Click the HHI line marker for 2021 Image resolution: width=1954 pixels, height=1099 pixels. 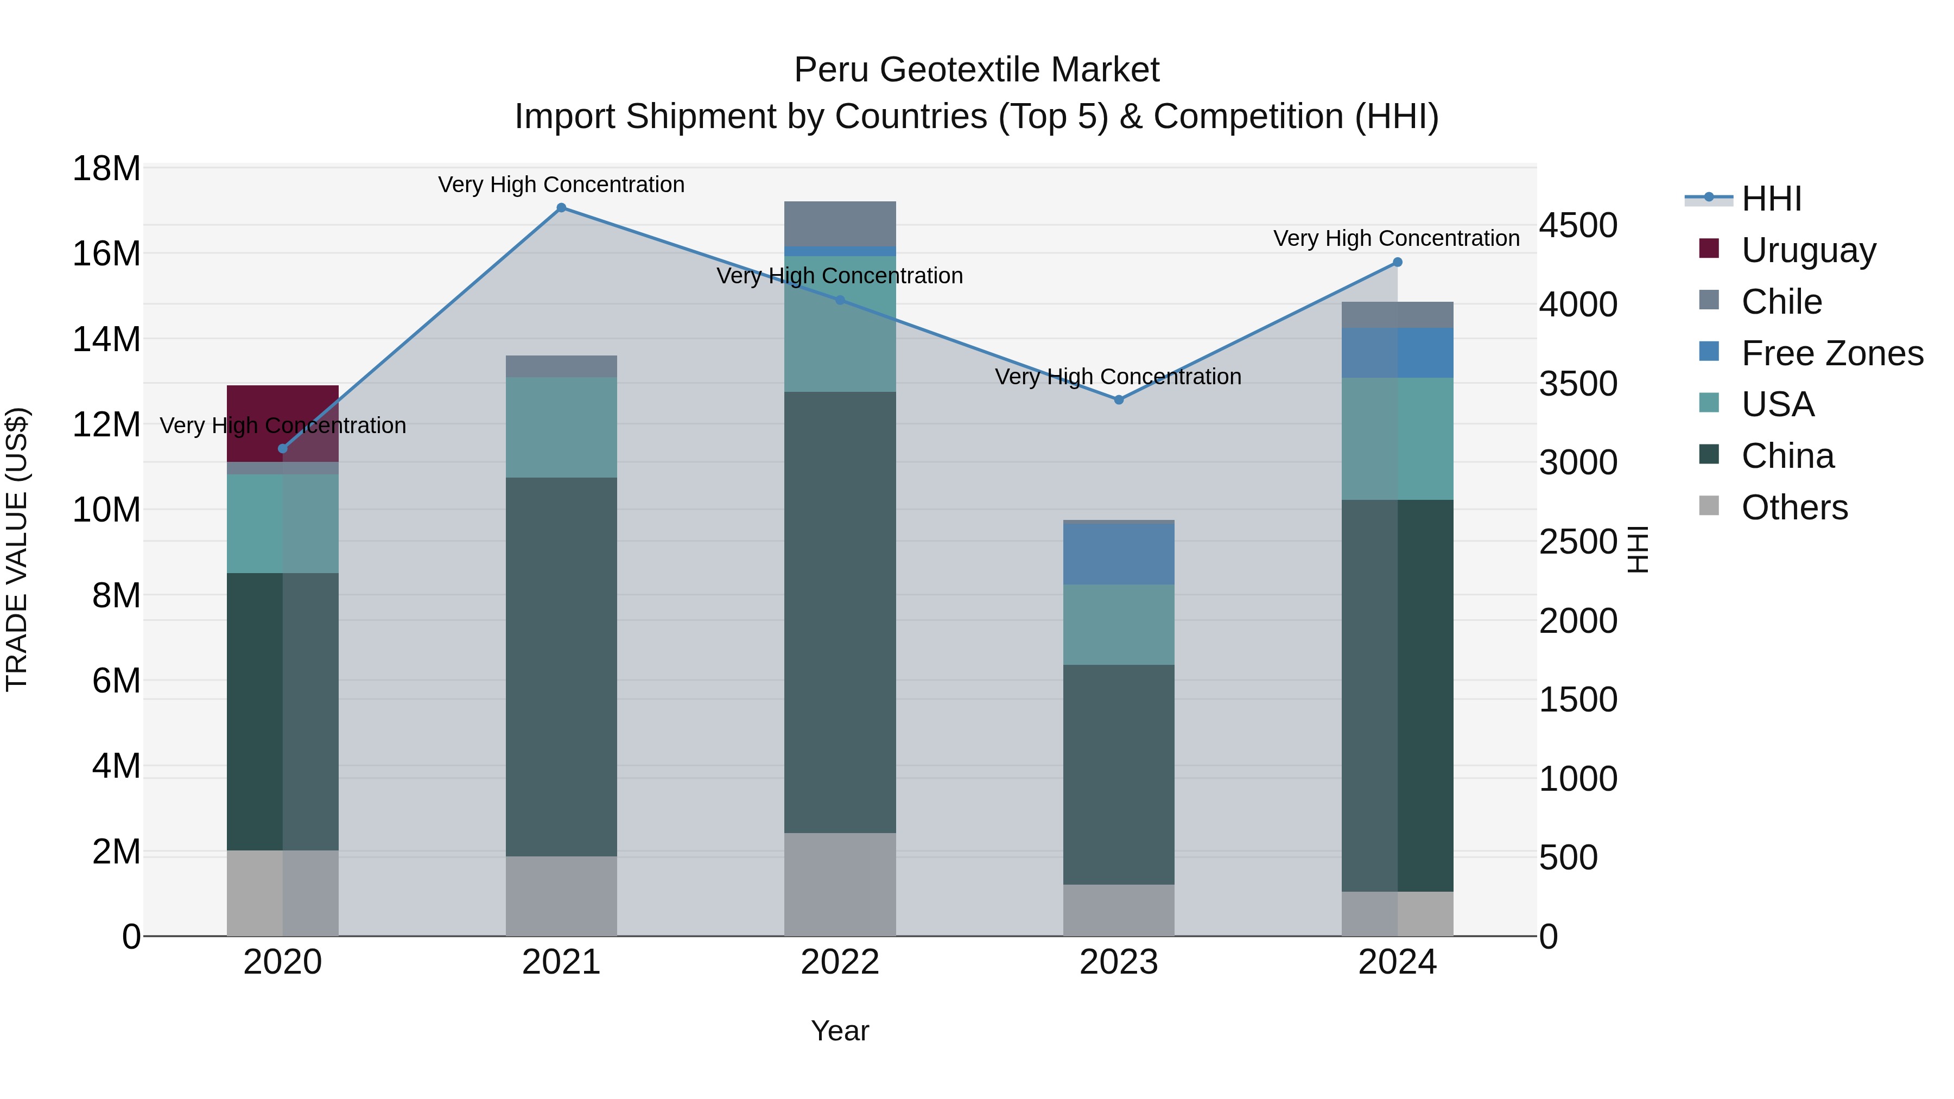(x=561, y=208)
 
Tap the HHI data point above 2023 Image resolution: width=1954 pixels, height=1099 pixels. (x=1119, y=399)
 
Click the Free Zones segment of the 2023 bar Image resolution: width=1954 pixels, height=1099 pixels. (x=1119, y=554)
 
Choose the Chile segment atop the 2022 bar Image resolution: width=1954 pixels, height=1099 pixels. (x=840, y=223)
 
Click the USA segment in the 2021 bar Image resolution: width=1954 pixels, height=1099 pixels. (x=561, y=427)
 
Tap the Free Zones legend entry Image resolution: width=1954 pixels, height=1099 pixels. (x=1831, y=353)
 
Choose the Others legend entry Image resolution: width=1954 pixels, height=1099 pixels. (x=1793, y=507)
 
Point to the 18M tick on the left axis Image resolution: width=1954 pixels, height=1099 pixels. (x=106, y=168)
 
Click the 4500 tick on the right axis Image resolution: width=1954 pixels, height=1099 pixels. (x=1578, y=226)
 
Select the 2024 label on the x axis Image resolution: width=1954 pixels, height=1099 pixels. (x=1397, y=962)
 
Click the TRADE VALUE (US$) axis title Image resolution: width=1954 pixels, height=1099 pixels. (x=17, y=549)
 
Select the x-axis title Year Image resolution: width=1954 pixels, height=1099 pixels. (x=840, y=1031)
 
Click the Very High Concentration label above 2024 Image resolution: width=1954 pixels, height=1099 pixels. (x=1397, y=238)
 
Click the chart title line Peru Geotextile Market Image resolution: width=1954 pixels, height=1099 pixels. (x=976, y=70)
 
